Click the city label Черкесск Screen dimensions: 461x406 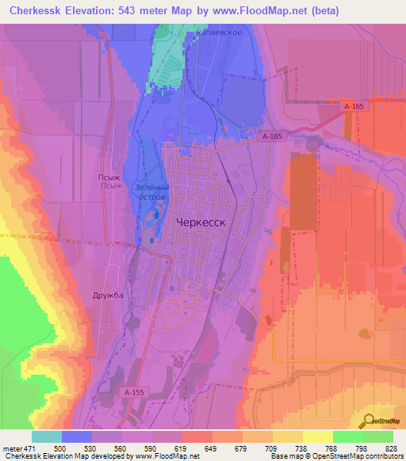(x=199, y=223)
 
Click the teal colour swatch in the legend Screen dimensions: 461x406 (x=47, y=436)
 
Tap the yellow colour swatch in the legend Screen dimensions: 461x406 (x=317, y=436)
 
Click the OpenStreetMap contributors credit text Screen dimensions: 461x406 (x=356, y=456)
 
